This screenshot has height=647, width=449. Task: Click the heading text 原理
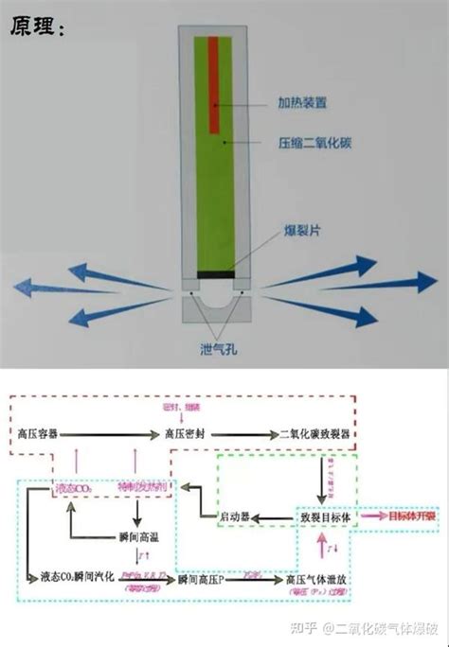pyautogui.click(x=36, y=27)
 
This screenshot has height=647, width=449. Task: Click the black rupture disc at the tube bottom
pyautogui.click(x=215, y=275)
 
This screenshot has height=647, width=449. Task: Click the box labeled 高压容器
pyautogui.click(x=38, y=433)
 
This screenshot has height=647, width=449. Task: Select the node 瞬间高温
pyautogui.click(x=141, y=535)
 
